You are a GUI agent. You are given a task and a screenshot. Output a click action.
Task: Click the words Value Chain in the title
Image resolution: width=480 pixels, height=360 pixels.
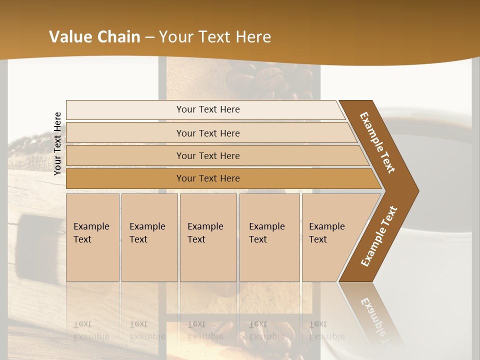coord(94,37)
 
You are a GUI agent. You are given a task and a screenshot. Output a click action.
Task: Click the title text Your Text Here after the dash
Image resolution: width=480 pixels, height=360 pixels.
coord(215,37)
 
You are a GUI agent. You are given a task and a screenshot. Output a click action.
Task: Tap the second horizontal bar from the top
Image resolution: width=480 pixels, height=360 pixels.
coord(208,133)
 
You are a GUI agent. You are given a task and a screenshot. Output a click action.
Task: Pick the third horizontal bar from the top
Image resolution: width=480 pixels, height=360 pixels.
coord(208,155)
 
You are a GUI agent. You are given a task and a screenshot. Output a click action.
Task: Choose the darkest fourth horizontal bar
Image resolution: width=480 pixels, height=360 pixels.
coord(208,178)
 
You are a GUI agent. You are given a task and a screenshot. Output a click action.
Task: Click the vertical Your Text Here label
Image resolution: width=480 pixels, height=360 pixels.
coord(57,143)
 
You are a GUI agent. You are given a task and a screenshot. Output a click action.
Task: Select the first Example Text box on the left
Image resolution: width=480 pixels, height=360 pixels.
coord(92,237)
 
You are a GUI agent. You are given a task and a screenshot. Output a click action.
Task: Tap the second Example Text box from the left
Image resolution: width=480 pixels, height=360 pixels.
coord(149,237)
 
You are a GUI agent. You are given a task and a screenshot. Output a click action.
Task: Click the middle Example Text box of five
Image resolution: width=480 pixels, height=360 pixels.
coord(208,237)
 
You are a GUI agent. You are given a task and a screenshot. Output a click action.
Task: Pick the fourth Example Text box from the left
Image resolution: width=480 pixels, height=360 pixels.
coord(269,237)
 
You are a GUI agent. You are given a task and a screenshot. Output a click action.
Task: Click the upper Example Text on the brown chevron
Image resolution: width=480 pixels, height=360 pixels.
coord(377,142)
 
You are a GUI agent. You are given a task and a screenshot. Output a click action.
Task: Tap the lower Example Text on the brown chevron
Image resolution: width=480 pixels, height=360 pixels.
coord(379,236)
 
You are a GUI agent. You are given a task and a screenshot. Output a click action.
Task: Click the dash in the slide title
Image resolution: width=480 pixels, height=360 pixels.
coord(149,37)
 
